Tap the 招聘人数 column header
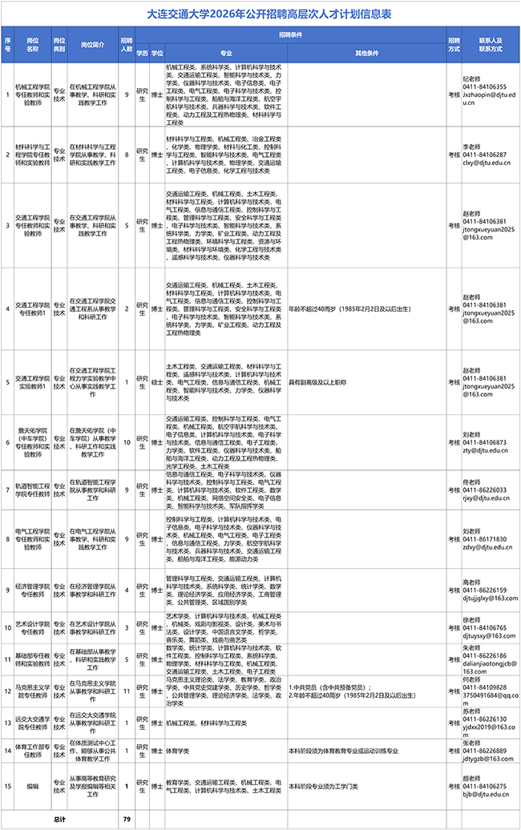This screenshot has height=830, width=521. click(127, 44)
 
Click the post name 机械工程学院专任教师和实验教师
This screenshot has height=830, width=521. click(33, 94)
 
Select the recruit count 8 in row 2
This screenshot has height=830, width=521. click(127, 154)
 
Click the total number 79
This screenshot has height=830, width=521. click(127, 820)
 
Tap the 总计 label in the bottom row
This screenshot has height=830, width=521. click(59, 820)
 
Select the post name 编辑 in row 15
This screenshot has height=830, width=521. click(33, 786)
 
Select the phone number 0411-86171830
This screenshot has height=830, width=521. click(486, 539)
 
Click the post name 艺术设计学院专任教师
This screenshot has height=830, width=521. click(33, 627)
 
